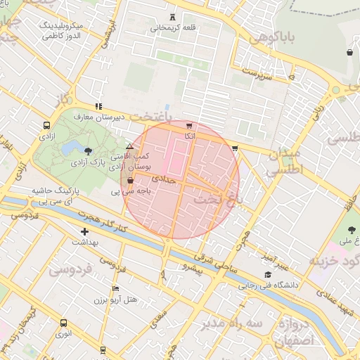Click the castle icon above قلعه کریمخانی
173,17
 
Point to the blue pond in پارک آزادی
71,148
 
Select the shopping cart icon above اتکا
189,125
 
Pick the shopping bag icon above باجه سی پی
130,181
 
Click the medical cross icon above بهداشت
85,231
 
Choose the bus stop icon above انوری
64,323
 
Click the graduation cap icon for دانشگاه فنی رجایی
267,275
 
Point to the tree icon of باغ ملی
352,230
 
